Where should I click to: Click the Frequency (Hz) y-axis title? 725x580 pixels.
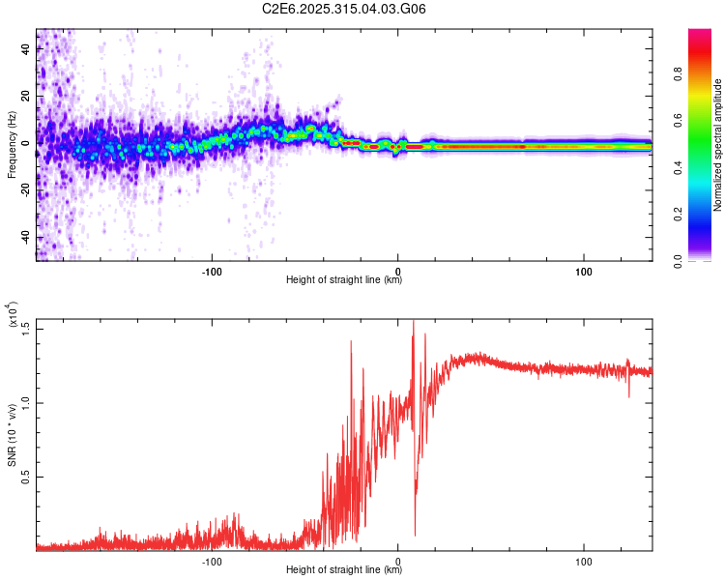pos(12,146)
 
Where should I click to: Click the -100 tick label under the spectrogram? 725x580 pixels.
pos(212,270)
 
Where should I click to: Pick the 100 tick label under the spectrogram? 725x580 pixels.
pos(584,270)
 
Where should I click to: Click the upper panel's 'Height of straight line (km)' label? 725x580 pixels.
pos(344,280)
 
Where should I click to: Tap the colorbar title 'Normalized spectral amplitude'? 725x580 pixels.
pos(717,146)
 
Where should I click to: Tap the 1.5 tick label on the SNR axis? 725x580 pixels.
pos(26,329)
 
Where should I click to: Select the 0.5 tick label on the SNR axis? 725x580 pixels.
pos(26,477)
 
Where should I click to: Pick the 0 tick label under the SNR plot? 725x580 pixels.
pos(398,560)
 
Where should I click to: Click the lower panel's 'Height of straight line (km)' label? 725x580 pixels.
pos(344,570)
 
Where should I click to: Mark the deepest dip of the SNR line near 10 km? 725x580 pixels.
pos(416,535)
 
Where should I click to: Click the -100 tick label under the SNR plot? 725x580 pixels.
pos(212,560)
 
